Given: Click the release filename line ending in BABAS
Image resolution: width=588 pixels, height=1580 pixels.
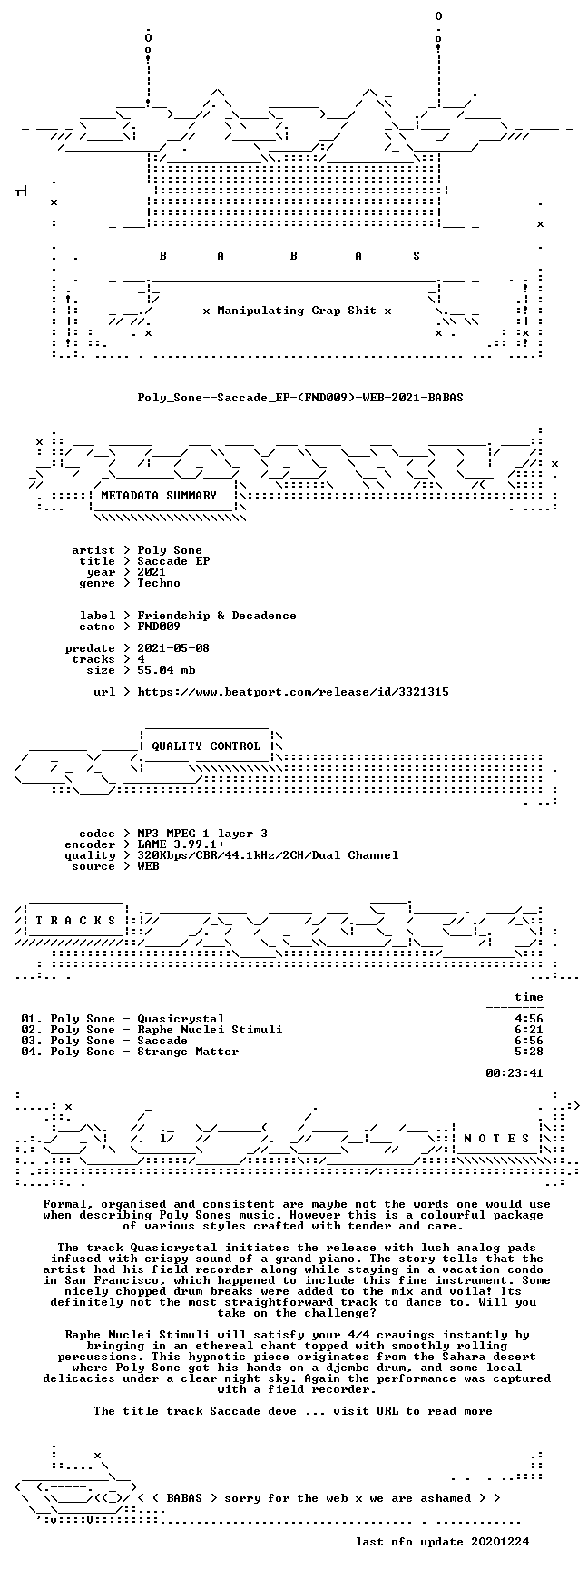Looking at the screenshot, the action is click(300, 398).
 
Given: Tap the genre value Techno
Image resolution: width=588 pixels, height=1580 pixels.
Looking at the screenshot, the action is click(159, 583).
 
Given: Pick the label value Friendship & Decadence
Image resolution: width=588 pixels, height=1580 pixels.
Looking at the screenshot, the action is click(217, 616).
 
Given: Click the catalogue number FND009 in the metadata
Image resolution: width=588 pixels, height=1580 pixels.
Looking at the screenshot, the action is click(159, 627).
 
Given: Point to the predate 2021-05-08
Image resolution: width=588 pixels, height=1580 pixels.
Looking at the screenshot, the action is click(173, 648).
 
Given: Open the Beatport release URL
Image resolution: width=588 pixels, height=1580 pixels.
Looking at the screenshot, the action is click(293, 692).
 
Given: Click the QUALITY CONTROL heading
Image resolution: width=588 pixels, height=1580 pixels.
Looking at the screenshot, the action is click(206, 746).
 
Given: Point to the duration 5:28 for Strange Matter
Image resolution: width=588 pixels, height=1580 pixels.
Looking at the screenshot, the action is click(529, 1052).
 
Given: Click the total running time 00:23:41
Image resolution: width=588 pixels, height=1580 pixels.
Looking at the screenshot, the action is click(514, 1073).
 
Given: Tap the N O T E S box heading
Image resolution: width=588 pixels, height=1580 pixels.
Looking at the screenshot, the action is click(496, 1139).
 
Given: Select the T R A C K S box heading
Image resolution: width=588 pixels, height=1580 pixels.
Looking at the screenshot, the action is click(75, 921).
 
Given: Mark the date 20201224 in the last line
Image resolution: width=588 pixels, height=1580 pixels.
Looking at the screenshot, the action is click(500, 1542).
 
